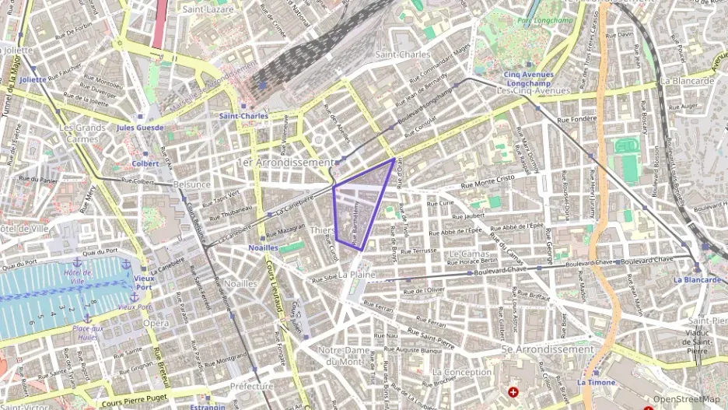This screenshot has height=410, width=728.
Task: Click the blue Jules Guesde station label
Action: tap(140, 128)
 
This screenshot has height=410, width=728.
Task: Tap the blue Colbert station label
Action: tap(145, 163)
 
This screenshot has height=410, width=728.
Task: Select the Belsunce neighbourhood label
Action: tap(192, 184)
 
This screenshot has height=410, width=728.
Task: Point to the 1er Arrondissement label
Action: tap(285, 162)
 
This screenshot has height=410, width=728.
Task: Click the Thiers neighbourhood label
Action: tap(322, 231)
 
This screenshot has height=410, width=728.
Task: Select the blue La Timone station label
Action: tap(597, 382)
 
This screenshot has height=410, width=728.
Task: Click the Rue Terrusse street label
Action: tap(420, 251)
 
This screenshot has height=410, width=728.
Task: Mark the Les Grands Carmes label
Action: tap(82, 133)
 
